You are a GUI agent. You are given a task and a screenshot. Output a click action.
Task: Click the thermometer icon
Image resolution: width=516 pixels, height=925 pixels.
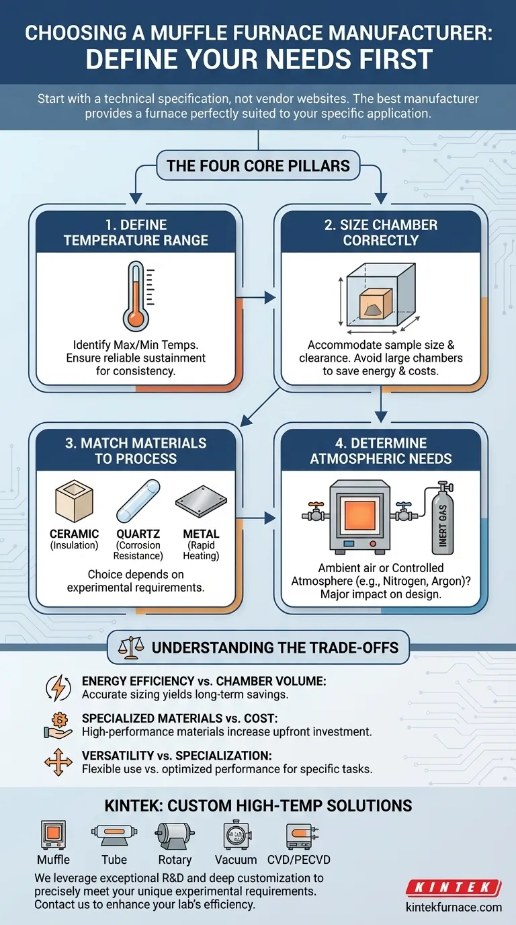[x=136, y=295]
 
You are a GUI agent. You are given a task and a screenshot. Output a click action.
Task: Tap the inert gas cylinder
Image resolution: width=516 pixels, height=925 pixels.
[x=443, y=518]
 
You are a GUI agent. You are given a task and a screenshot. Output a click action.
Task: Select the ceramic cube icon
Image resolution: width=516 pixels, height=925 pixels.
[x=75, y=501]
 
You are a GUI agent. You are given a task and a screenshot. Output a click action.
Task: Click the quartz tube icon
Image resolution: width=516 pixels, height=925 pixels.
[x=138, y=501]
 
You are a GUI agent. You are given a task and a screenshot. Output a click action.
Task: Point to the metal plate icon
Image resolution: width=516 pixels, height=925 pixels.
[x=201, y=501]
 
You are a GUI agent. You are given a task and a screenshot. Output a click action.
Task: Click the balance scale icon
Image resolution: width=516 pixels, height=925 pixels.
[x=131, y=647]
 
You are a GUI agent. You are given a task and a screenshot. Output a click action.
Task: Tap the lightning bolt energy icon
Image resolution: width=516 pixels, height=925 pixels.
[x=58, y=688]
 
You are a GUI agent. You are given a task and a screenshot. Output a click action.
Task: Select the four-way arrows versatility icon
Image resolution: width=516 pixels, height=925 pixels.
[x=58, y=762]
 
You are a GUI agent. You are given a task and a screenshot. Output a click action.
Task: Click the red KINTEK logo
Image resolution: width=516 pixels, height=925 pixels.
[x=454, y=887]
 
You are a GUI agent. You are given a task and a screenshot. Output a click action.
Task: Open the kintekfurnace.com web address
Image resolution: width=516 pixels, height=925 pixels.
[x=454, y=908]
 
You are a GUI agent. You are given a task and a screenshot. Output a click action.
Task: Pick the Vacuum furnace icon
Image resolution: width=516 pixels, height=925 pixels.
[x=236, y=834]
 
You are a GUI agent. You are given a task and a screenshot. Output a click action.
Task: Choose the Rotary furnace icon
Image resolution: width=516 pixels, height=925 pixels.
[x=175, y=835]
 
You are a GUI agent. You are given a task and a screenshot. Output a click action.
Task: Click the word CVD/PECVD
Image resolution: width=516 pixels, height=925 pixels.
[x=299, y=860]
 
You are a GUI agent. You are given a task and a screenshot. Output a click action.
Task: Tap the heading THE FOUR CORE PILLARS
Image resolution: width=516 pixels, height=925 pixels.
[x=259, y=165]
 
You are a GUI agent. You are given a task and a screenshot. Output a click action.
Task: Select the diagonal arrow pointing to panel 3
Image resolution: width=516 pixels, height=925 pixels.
[x=260, y=407]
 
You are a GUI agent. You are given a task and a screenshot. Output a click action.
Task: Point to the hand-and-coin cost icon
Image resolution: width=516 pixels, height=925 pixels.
[x=58, y=725]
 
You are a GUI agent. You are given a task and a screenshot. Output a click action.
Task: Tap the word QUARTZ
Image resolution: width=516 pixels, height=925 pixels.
[x=138, y=534]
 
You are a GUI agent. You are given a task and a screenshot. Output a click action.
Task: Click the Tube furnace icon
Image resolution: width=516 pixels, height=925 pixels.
[x=114, y=834]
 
